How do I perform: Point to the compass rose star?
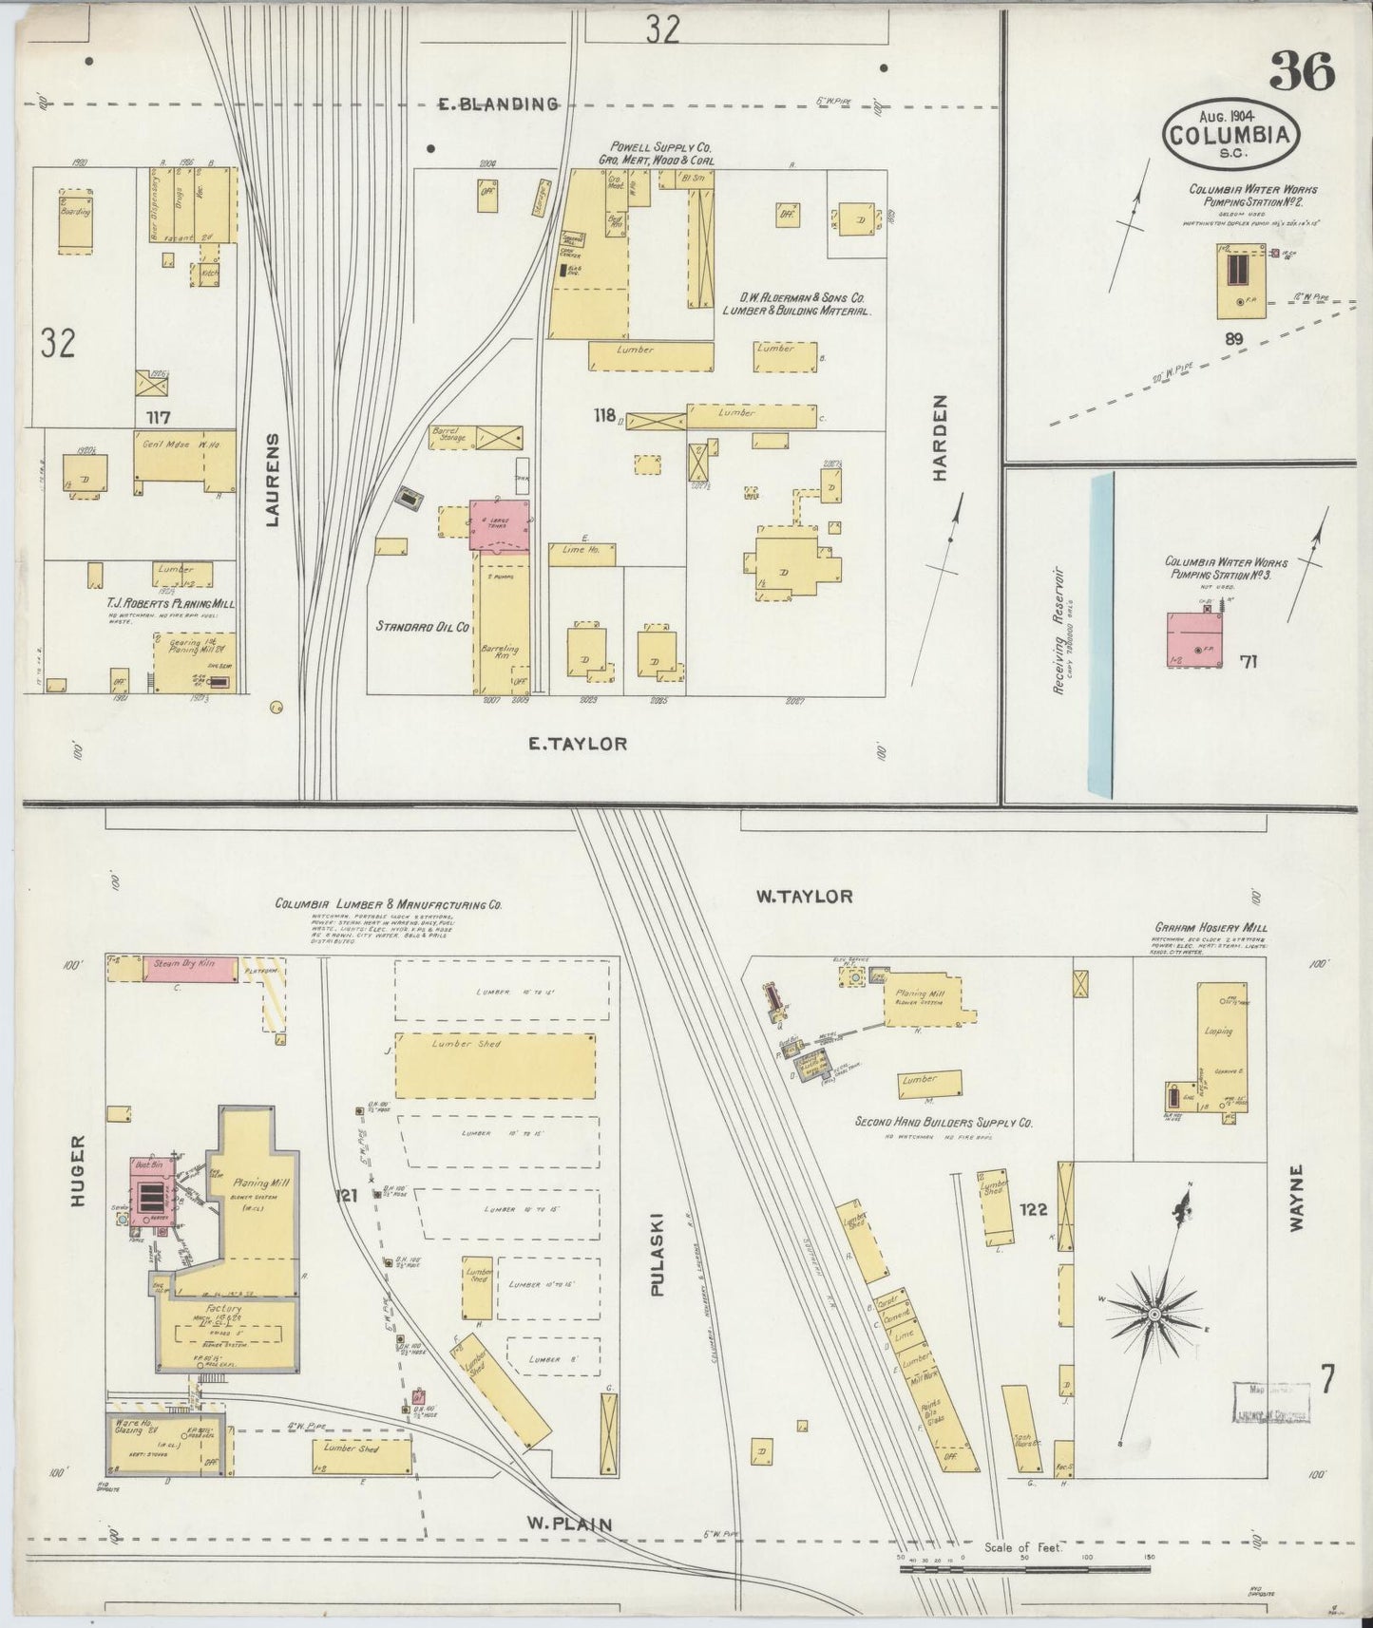[1153, 1314]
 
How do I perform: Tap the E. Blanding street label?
[497, 104]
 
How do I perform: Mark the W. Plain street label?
[570, 1524]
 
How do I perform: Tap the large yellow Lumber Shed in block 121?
[494, 1065]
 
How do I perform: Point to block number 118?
[603, 415]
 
